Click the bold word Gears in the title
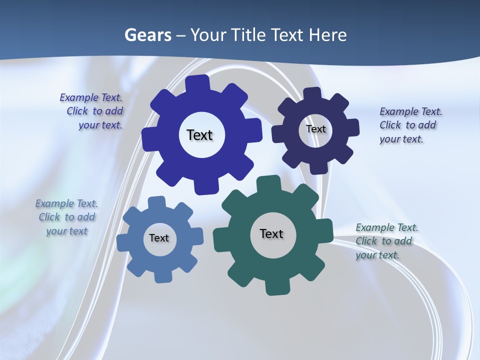coord(148,35)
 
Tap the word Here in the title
coord(327,35)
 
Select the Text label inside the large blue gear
coord(199,135)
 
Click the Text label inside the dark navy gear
coord(316,129)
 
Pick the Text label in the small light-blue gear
coord(159,238)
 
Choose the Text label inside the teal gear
coord(271,233)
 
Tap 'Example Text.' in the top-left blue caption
coord(91,97)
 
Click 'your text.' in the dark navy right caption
coord(401,139)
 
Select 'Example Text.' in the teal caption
coord(387,227)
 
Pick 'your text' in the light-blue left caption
coord(67,231)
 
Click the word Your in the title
coord(212,35)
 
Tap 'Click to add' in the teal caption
coord(383,241)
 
